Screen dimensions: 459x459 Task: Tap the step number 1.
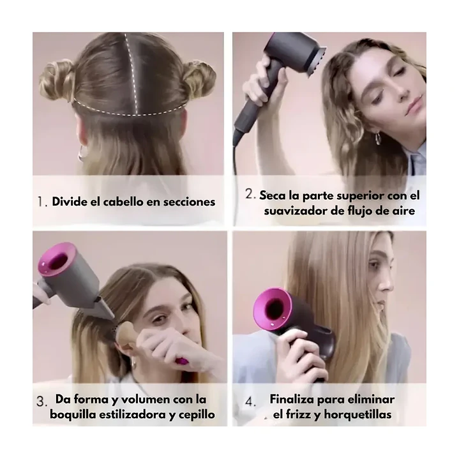click(41, 202)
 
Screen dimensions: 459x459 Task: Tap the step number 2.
click(250, 193)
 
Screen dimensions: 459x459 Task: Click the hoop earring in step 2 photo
click(378, 138)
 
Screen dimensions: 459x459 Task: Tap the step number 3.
click(41, 402)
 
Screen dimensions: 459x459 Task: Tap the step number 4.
click(250, 402)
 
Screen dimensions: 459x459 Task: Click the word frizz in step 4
click(301, 415)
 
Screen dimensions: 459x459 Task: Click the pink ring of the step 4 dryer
click(274, 308)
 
